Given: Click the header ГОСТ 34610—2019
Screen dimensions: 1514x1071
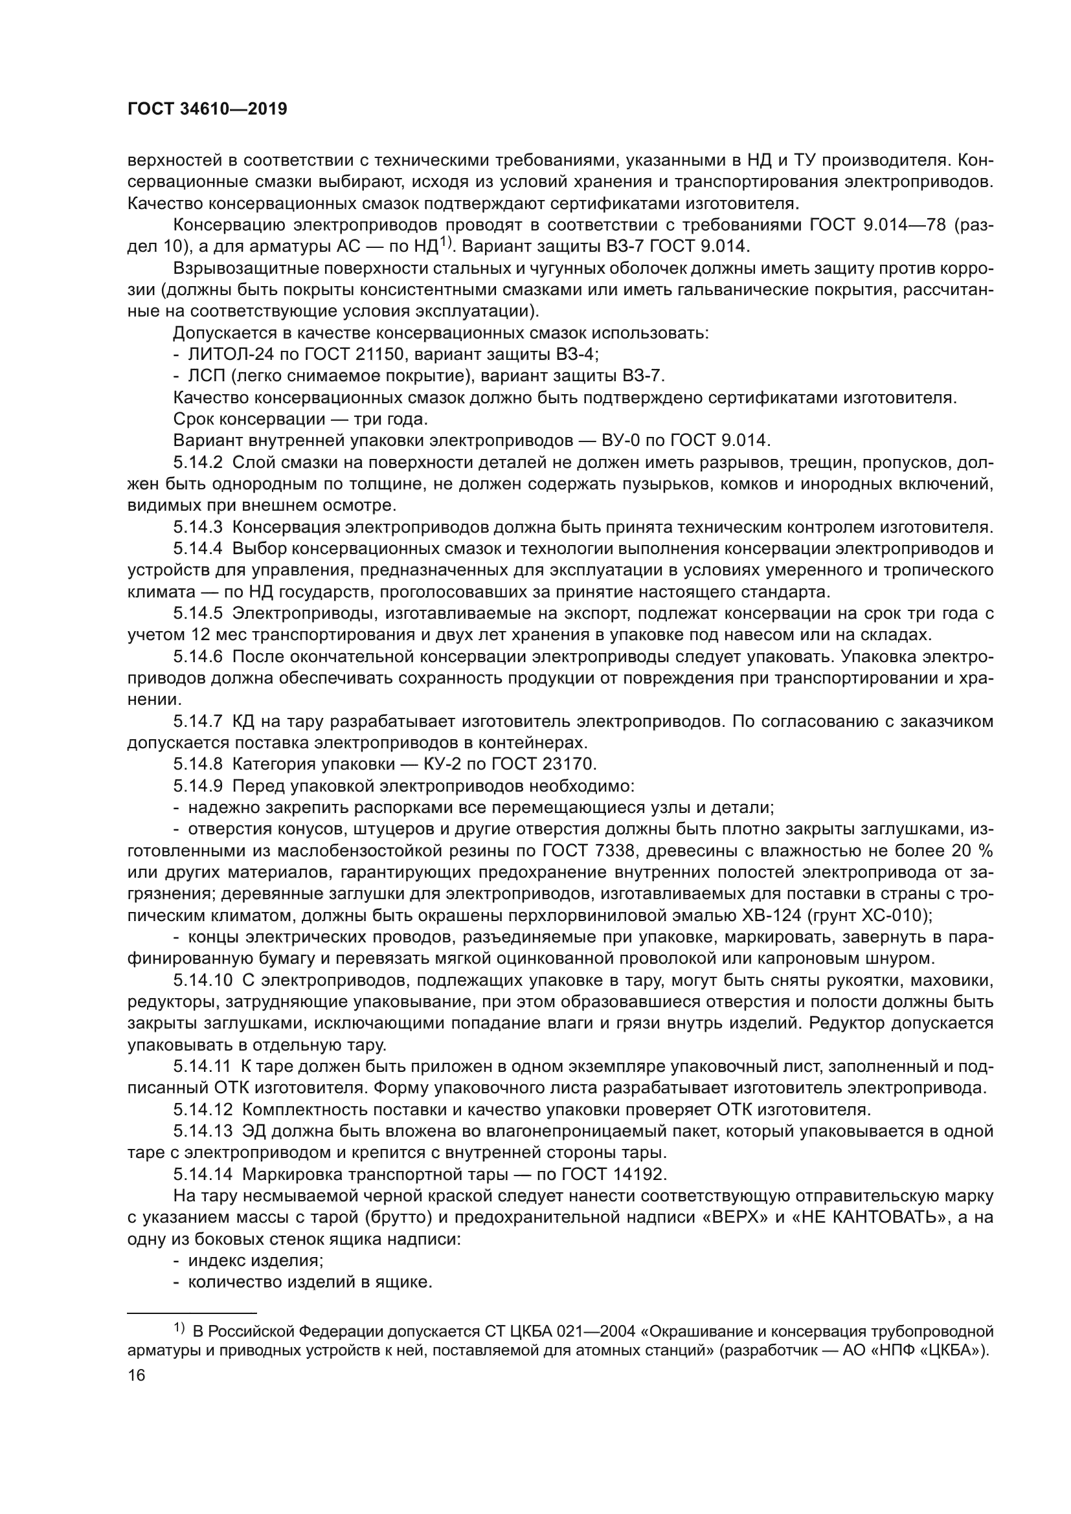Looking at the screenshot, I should (x=207, y=109).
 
